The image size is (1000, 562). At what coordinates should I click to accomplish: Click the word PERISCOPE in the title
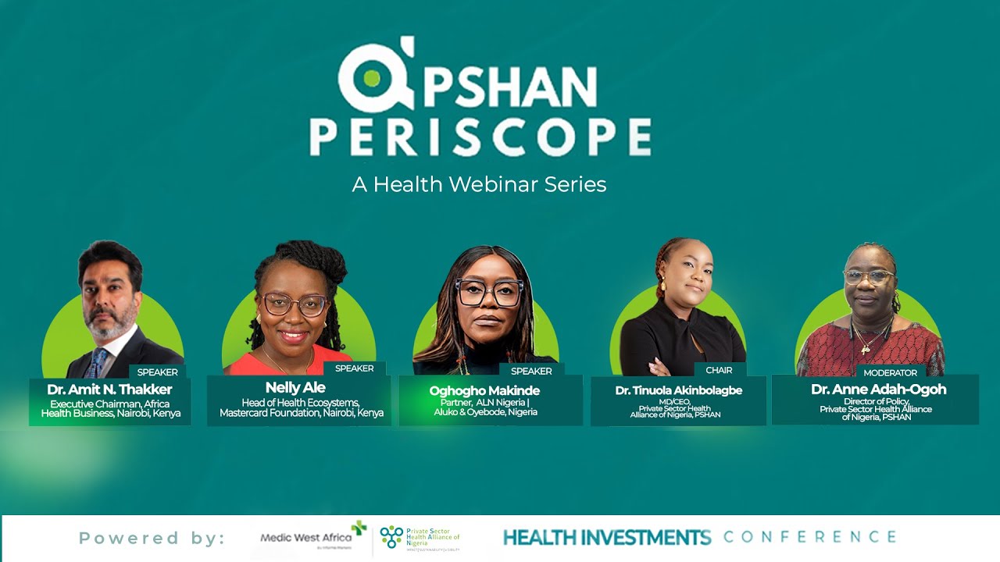(x=480, y=137)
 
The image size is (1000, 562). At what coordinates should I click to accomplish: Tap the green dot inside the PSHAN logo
(x=371, y=78)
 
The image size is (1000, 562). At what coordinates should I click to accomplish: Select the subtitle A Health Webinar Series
(x=479, y=184)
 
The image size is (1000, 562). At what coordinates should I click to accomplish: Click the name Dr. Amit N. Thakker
(x=109, y=389)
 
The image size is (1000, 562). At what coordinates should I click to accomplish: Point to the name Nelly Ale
(x=295, y=387)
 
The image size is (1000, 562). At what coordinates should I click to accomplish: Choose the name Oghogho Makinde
(x=484, y=390)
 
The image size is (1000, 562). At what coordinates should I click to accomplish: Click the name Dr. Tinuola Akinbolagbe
(x=678, y=390)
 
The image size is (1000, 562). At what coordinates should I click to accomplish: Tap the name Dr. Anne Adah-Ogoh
(x=878, y=389)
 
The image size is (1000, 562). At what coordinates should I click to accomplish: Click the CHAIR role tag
(x=719, y=370)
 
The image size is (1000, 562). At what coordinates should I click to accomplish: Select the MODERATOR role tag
(x=890, y=372)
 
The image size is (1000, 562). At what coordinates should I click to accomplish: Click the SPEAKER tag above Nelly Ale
(x=354, y=368)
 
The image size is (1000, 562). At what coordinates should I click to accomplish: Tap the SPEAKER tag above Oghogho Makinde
(x=531, y=371)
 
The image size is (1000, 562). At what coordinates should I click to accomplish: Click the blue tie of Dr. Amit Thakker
(x=98, y=363)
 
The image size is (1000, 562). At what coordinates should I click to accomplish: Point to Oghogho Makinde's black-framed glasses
(x=489, y=293)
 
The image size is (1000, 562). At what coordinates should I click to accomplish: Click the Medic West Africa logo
(x=312, y=537)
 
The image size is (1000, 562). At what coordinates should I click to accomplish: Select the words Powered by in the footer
(x=152, y=538)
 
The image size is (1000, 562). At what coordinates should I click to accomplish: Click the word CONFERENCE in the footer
(x=809, y=537)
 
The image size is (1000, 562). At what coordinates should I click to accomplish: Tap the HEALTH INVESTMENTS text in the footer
(x=606, y=537)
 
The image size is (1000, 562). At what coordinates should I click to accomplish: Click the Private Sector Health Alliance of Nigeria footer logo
(x=420, y=538)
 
